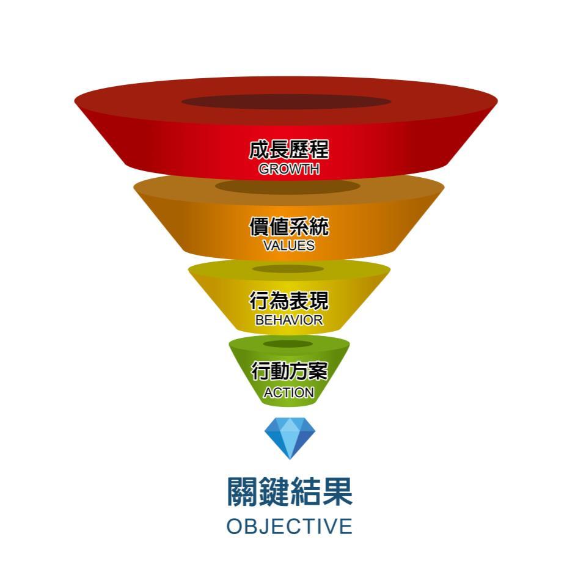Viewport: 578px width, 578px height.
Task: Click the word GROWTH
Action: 289,169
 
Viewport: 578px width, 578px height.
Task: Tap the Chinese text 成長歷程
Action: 288,149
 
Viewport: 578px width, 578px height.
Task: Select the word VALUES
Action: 289,245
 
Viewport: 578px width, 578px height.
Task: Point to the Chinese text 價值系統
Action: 289,226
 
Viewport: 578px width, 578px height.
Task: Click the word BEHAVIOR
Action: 289,320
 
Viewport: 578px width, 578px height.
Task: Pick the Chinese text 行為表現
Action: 288,301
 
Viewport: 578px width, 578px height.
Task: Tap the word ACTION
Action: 288,393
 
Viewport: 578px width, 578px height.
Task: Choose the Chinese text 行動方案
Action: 290,371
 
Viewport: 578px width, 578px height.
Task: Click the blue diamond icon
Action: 290,438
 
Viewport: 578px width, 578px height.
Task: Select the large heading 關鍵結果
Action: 290,491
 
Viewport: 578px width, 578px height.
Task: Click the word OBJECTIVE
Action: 290,526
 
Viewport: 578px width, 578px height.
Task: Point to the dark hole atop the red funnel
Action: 286,101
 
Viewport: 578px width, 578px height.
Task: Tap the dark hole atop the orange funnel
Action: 288,186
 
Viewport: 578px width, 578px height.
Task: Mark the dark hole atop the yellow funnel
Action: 288,269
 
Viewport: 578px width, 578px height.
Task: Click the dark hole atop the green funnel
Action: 288,344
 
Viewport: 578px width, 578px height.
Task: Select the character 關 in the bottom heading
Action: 242,491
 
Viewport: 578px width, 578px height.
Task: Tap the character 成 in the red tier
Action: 259,149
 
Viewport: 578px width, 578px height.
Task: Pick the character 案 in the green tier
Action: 318,371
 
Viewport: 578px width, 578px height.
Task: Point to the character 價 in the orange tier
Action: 259,226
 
